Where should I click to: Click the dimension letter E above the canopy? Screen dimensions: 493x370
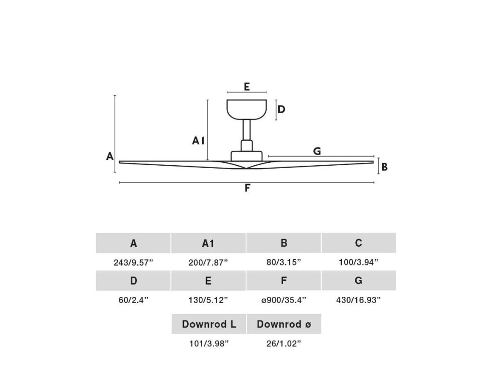click(x=246, y=87)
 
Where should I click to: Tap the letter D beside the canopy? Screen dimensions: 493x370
click(x=281, y=109)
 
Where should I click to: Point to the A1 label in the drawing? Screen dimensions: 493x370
click(x=198, y=141)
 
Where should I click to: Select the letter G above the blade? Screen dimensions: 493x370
click(x=317, y=151)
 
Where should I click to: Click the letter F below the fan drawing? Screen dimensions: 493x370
click(x=247, y=188)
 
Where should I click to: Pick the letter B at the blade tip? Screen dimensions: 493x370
click(x=384, y=167)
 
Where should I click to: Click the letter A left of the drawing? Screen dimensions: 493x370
click(x=110, y=156)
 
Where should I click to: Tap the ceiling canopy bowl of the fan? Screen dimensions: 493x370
click(x=246, y=109)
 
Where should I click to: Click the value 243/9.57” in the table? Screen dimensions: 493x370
click(x=133, y=263)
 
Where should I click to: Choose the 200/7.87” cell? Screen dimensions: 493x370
click(x=208, y=263)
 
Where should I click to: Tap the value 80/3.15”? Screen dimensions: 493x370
click(x=284, y=263)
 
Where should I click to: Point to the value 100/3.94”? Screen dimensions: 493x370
click(x=359, y=263)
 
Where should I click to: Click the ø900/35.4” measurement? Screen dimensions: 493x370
click(x=284, y=300)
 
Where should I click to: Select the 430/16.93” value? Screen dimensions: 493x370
click(x=359, y=300)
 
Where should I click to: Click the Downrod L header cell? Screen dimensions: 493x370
click(x=209, y=324)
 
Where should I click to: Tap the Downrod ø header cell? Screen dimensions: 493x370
click(x=284, y=324)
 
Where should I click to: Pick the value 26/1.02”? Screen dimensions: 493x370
click(x=284, y=344)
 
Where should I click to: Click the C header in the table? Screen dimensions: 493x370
click(x=359, y=243)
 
